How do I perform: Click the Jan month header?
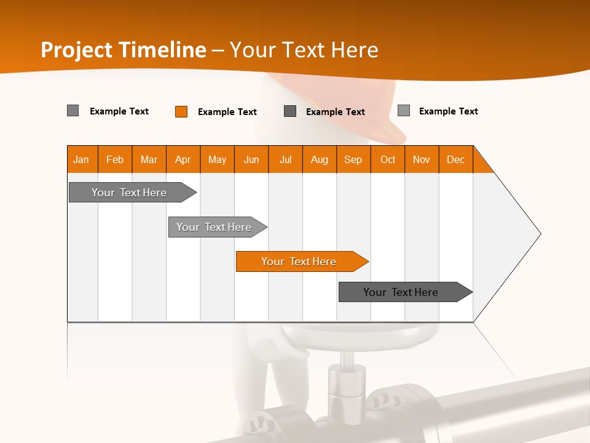[81, 159]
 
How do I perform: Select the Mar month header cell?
[149, 159]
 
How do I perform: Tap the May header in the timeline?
[217, 159]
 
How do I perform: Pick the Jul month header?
[285, 159]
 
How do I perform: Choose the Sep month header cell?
[353, 159]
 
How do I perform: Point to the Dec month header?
[455, 159]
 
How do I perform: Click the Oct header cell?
[388, 159]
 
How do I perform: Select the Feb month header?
[115, 159]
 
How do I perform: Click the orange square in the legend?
[181, 111]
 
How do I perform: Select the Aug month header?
[319, 159]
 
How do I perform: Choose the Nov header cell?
[422, 159]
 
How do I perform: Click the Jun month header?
[251, 159]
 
